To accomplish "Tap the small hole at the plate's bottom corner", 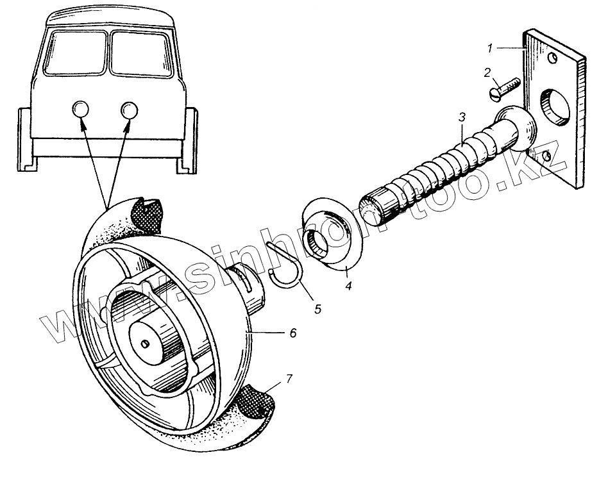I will coord(546,156).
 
